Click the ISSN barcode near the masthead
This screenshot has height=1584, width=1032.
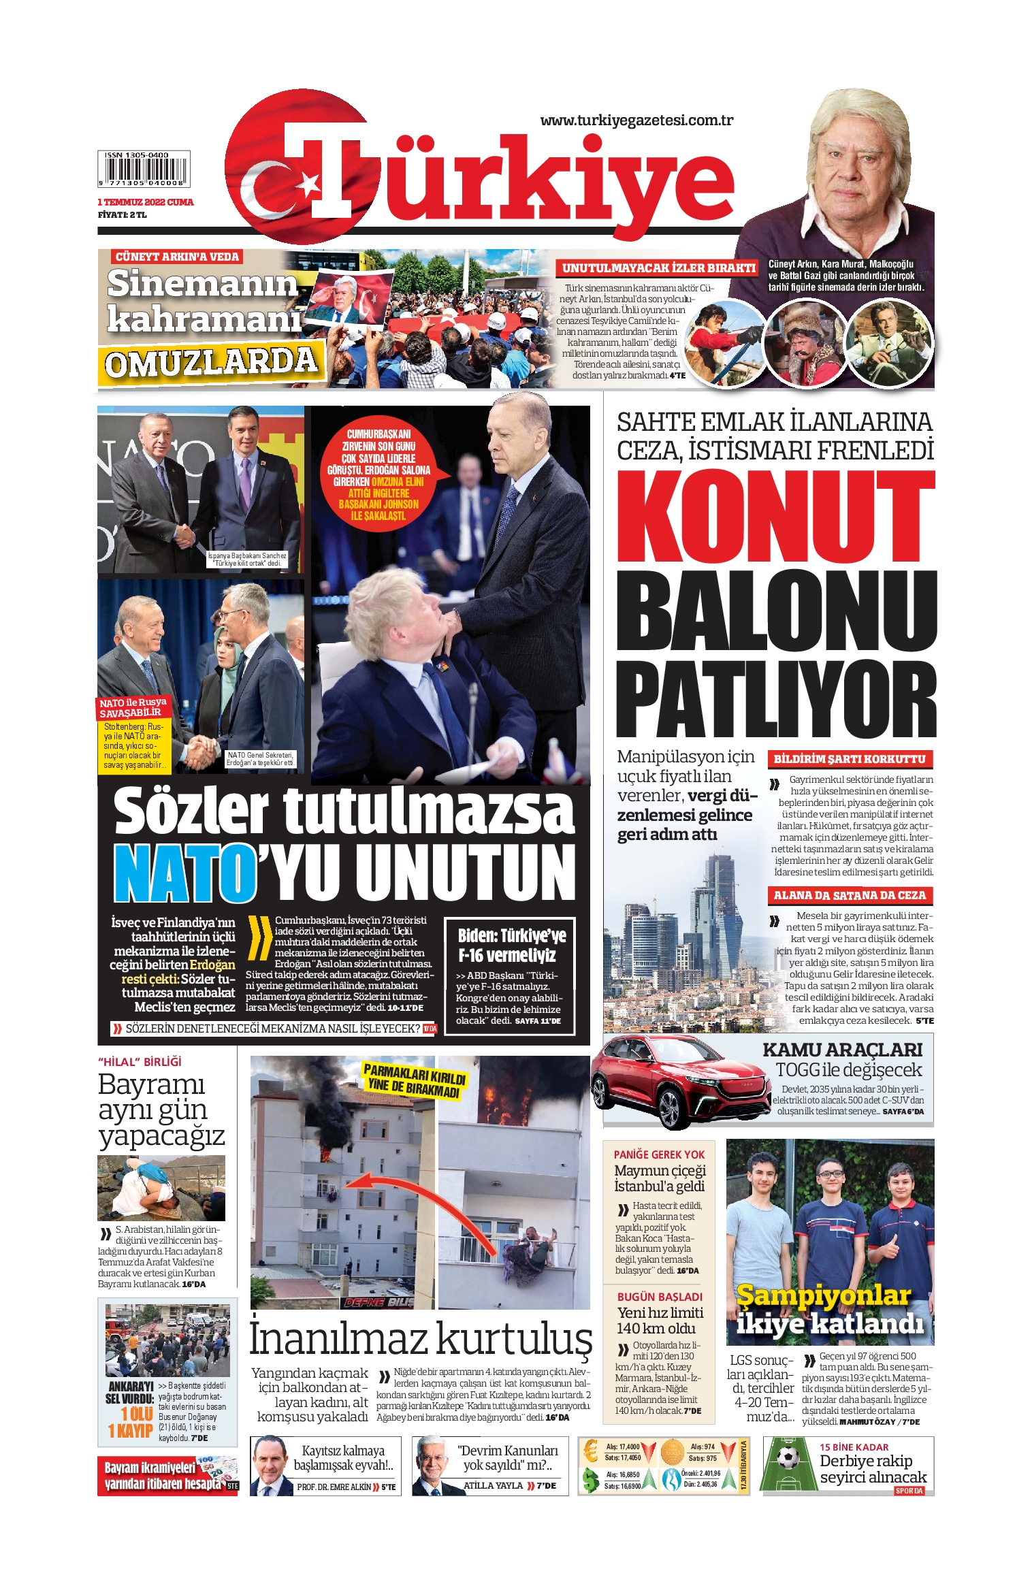pyautogui.click(x=144, y=169)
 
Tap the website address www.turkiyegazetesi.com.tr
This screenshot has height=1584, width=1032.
pyautogui.click(x=636, y=120)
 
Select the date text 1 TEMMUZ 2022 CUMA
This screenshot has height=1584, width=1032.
pyautogui.click(x=145, y=202)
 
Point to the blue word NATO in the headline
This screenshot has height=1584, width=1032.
pyautogui.click(x=182, y=873)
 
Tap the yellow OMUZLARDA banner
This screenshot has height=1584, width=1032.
pyautogui.click(x=211, y=363)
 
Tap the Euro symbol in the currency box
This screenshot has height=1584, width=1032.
pyautogui.click(x=591, y=1452)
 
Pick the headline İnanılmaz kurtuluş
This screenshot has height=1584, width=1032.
pyautogui.click(x=420, y=1338)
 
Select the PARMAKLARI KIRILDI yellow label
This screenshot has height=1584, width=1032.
pyautogui.click(x=414, y=1079)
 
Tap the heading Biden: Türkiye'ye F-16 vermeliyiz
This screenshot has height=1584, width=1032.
pyautogui.click(x=511, y=945)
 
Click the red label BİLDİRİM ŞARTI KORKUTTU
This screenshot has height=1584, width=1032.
pyautogui.click(x=849, y=759)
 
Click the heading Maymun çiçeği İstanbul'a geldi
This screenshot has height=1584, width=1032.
pyautogui.click(x=659, y=1178)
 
